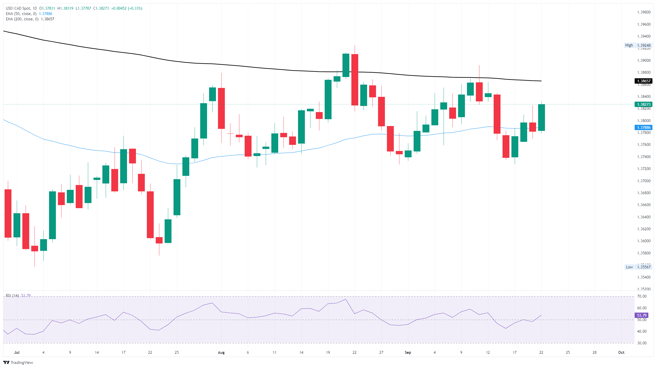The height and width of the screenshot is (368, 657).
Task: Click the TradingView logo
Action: (x=18, y=362)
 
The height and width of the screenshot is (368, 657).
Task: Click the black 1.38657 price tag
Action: (x=643, y=81)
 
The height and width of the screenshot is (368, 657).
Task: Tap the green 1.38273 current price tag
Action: (x=643, y=104)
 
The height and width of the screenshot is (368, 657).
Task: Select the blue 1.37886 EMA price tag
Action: (x=643, y=128)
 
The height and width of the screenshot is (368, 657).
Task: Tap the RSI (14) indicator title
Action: (x=12, y=296)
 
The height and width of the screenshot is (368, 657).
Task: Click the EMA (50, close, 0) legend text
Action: (x=21, y=14)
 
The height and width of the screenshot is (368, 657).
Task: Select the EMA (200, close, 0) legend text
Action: (x=22, y=19)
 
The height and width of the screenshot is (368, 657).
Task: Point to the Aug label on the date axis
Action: (x=221, y=352)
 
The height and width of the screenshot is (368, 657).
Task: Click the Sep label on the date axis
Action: (x=408, y=352)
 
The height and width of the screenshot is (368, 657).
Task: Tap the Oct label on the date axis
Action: (x=621, y=352)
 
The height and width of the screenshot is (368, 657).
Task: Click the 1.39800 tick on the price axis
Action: (x=644, y=12)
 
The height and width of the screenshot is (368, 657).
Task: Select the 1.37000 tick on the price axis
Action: (x=644, y=181)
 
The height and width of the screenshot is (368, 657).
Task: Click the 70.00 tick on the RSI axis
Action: (x=642, y=296)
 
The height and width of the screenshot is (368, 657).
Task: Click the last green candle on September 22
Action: (x=541, y=118)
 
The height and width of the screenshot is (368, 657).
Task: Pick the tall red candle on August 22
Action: (x=355, y=80)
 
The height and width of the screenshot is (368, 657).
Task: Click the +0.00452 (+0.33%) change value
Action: (x=127, y=8)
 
